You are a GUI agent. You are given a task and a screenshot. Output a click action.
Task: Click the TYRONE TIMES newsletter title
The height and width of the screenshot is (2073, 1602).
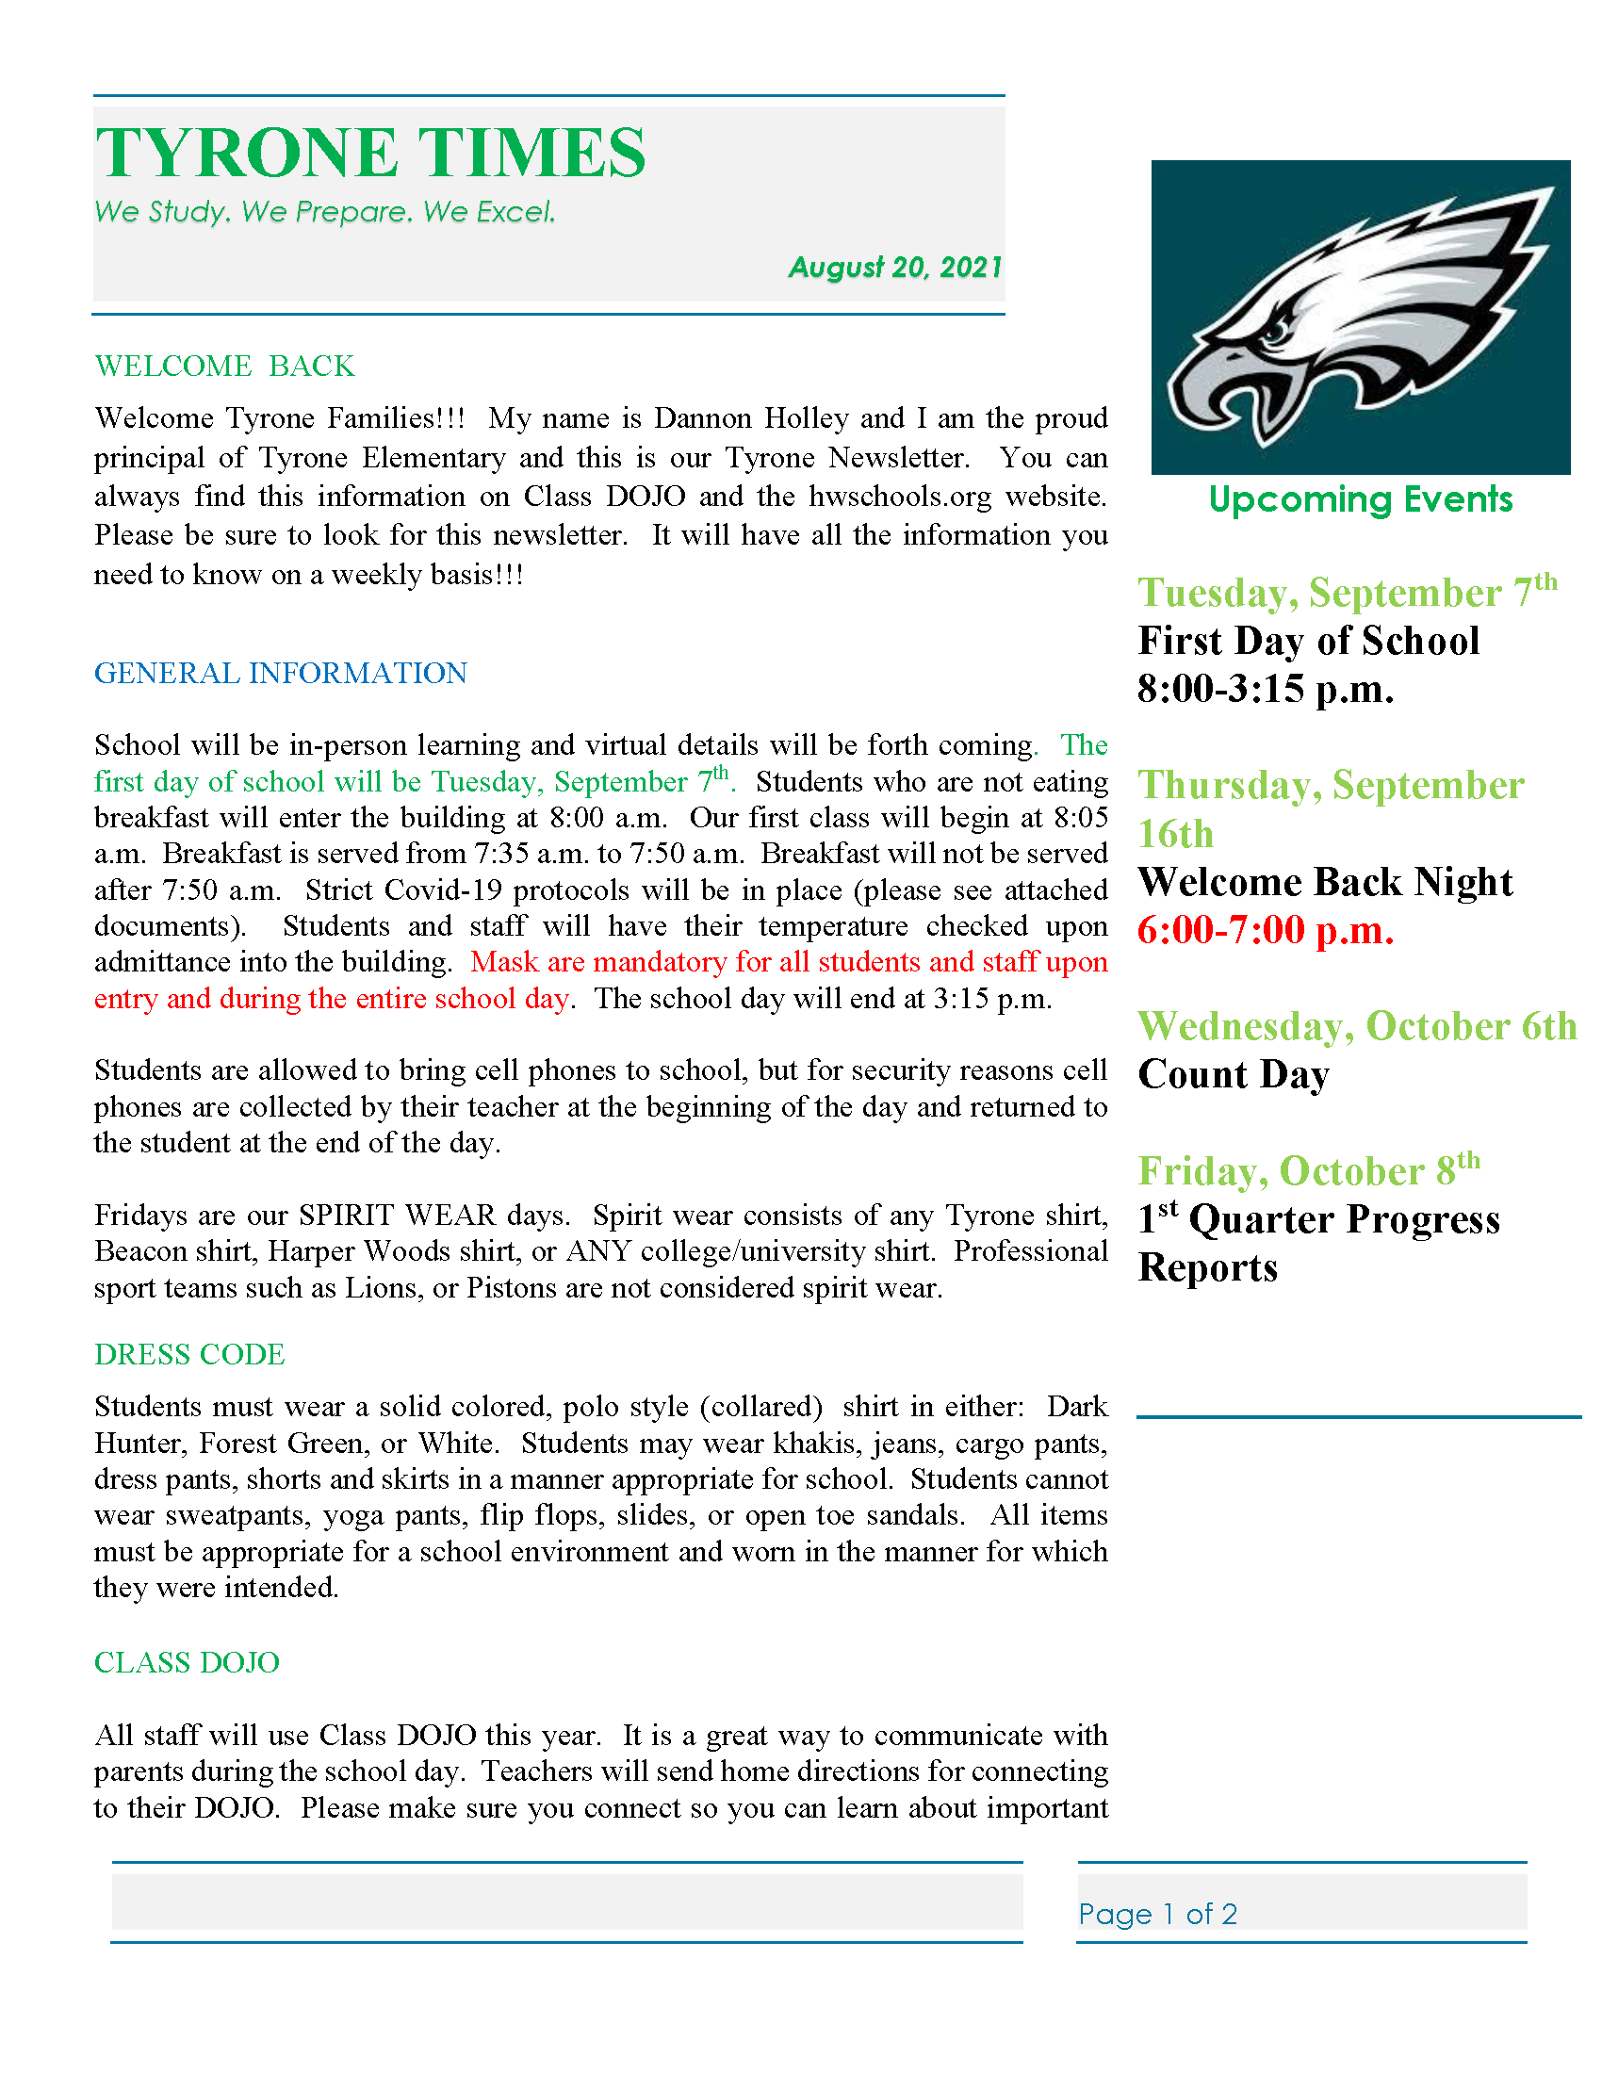click(370, 153)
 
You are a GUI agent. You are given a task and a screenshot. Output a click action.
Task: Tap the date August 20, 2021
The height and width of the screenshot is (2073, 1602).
click(895, 268)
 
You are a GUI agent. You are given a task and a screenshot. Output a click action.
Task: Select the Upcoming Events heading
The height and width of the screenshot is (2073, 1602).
click(1360, 499)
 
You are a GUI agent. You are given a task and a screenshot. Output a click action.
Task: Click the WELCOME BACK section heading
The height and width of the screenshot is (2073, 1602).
click(225, 367)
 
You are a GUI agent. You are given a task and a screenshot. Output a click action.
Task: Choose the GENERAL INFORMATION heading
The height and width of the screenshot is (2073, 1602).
click(280, 673)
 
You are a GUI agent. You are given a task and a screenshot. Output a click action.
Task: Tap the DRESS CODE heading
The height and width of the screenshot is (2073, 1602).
click(189, 1354)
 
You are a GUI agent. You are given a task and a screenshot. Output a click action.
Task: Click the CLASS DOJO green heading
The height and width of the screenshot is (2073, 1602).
click(187, 1662)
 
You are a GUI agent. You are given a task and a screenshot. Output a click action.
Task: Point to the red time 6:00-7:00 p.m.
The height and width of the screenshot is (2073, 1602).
click(1265, 930)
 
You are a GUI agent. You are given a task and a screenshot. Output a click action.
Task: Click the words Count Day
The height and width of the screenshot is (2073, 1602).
click(1233, 1074)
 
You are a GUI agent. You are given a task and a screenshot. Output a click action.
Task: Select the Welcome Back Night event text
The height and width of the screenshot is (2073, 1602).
click(1325, 882)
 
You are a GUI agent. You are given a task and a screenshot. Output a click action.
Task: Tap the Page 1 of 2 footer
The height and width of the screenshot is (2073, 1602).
click(1158, 1914)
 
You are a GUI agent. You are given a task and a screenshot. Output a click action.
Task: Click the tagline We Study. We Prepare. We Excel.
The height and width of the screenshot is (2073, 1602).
click(324, 212)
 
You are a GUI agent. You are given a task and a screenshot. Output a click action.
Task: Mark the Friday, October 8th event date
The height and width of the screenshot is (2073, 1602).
click(1309, 1170)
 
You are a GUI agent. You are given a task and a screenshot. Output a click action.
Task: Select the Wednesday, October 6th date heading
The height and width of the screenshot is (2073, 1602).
click(1357, 1026)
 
